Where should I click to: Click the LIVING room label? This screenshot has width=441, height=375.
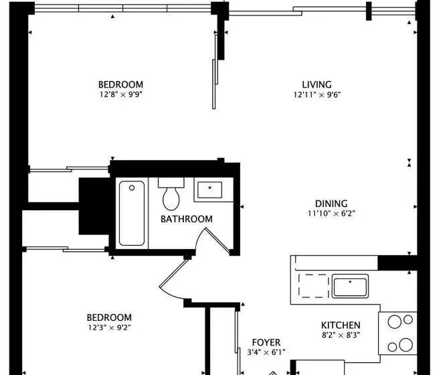[x=317, y=84]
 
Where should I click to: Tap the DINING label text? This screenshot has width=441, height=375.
[x=331, y=204]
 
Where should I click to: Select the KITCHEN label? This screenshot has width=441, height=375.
[x=341, y=325]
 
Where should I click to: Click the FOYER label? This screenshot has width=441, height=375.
[x=266, y=342]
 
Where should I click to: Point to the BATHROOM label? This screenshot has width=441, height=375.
[x=187, y=219]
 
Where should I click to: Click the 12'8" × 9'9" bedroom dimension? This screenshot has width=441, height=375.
[x=120, y=94]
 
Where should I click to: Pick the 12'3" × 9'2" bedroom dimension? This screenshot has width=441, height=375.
[x=109, y=327]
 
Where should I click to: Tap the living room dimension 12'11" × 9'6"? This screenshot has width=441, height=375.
[x=317, y=94]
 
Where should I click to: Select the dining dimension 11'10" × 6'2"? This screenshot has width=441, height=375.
[x=331, y=214]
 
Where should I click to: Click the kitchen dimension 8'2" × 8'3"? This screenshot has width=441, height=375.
[x=341, y=335]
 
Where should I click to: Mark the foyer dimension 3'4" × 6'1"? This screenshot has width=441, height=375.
[x=266, y=352]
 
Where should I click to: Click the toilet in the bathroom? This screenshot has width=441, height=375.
[x=171, y=194]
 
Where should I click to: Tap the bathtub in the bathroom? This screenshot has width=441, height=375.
[x=132, y=213]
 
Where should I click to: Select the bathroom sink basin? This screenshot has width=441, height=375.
[x=209, y=190]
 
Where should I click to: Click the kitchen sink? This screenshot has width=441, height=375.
[x=350, y=286]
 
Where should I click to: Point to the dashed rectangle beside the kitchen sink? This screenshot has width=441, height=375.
[x=314, y=286]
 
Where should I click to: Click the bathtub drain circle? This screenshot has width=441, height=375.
[x=132, y=187]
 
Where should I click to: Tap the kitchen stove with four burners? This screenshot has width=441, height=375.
[x=398, y=333]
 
